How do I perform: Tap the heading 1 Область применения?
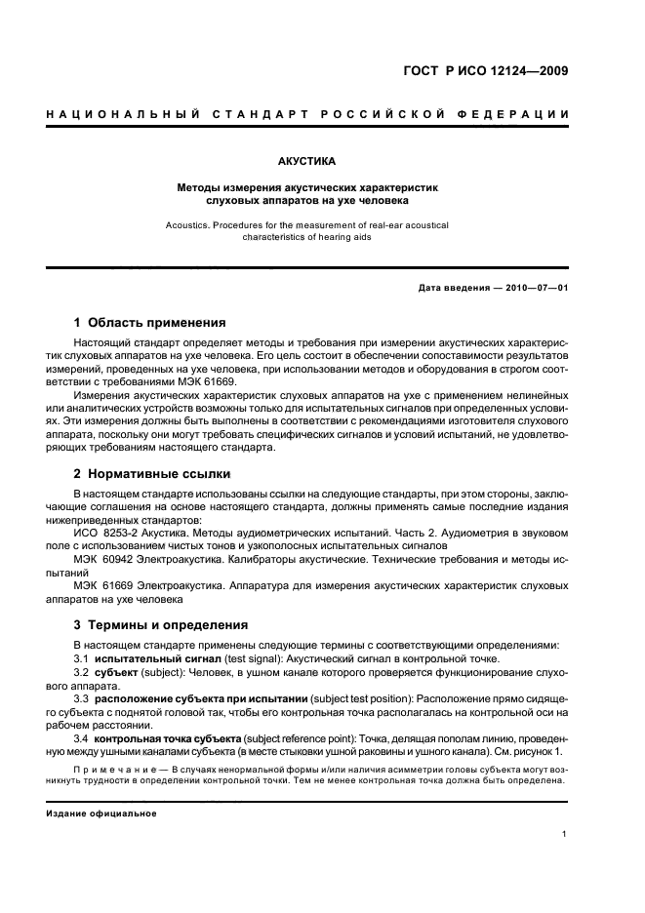(x=150, y=323)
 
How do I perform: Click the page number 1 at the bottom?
(x=565, y=834)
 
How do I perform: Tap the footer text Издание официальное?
(x=101, y=813)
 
